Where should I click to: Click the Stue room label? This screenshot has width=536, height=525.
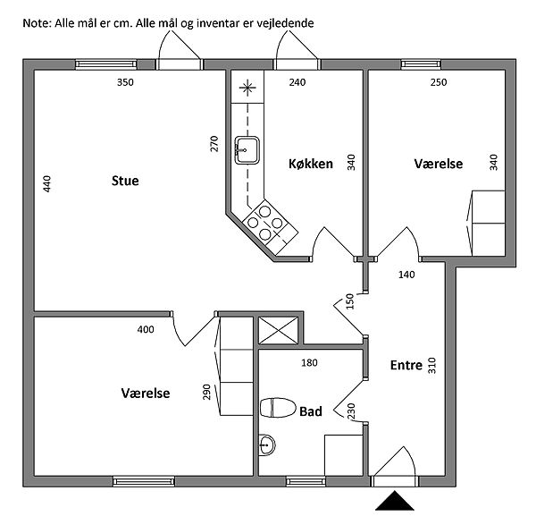point(125,182)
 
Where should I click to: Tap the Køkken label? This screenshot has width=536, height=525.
point(311,164)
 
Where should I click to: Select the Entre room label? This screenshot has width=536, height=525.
point(406,365)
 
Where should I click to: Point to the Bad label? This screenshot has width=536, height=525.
point(311,411)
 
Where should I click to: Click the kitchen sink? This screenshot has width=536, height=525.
point(247,149)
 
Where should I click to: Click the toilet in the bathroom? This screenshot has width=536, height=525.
point(278,409)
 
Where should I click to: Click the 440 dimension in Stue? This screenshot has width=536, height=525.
point(47,185)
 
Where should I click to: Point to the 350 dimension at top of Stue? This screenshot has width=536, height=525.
point(125,83)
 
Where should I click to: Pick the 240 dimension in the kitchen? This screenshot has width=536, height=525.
point(297,83)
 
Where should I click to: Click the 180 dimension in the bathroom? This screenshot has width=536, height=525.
point(310,362)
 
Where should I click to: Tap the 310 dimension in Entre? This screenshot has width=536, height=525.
point(431,366)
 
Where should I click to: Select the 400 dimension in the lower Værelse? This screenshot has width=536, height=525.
point(146,330)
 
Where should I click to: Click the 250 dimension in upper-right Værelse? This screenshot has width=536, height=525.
point(439,83)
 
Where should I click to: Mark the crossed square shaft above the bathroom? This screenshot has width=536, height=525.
point(271,330)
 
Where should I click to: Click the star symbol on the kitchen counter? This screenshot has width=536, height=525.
point(247,88)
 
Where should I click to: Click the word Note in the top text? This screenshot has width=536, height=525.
point(37,21)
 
